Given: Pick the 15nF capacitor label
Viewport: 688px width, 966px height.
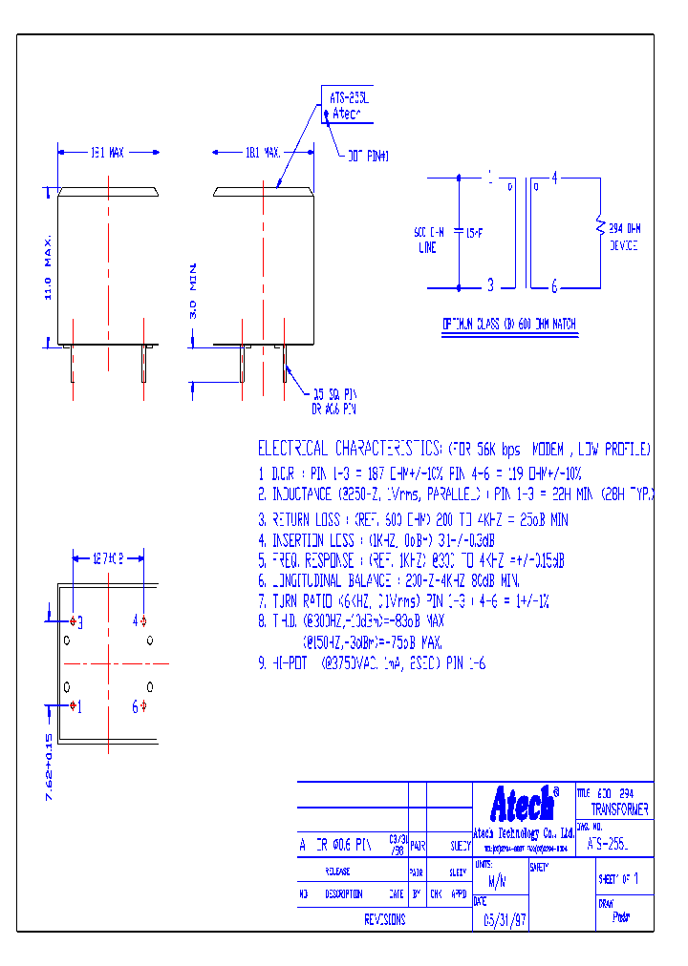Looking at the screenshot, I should click(x=474, y=232).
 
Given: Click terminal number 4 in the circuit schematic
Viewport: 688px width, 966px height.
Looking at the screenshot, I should click(x=554, y=177).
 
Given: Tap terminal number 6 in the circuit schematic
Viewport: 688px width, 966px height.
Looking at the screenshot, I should click(x=554, y=284).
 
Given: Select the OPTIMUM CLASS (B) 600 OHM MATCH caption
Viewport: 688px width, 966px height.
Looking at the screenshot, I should click(x=509, y=325).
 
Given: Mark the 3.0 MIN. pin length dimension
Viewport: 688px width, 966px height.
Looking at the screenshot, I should click(x=192, y=290).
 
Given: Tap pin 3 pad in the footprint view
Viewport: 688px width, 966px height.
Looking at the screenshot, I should click(x=74, y=621).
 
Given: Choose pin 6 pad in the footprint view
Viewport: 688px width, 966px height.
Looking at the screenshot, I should click(x=143, y=706).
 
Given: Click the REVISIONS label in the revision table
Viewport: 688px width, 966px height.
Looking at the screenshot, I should click(x=385, y=920).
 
